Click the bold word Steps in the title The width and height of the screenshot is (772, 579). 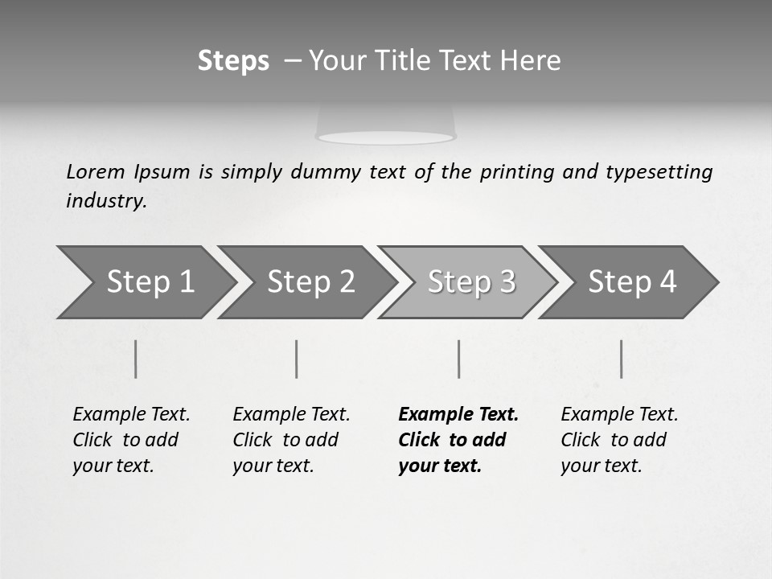[233, 61]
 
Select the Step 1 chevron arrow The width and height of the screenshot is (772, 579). [145, 282]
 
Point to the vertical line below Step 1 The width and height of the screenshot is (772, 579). [136, 359]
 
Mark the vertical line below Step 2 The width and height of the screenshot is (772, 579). [297, 359]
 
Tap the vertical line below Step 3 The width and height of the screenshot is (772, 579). [458, 359]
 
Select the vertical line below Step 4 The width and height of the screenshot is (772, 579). [621, 359]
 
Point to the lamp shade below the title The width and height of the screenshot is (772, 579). [386, 125]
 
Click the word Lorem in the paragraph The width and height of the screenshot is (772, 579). [96, 172]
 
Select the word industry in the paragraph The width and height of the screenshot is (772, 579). [106, 201]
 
